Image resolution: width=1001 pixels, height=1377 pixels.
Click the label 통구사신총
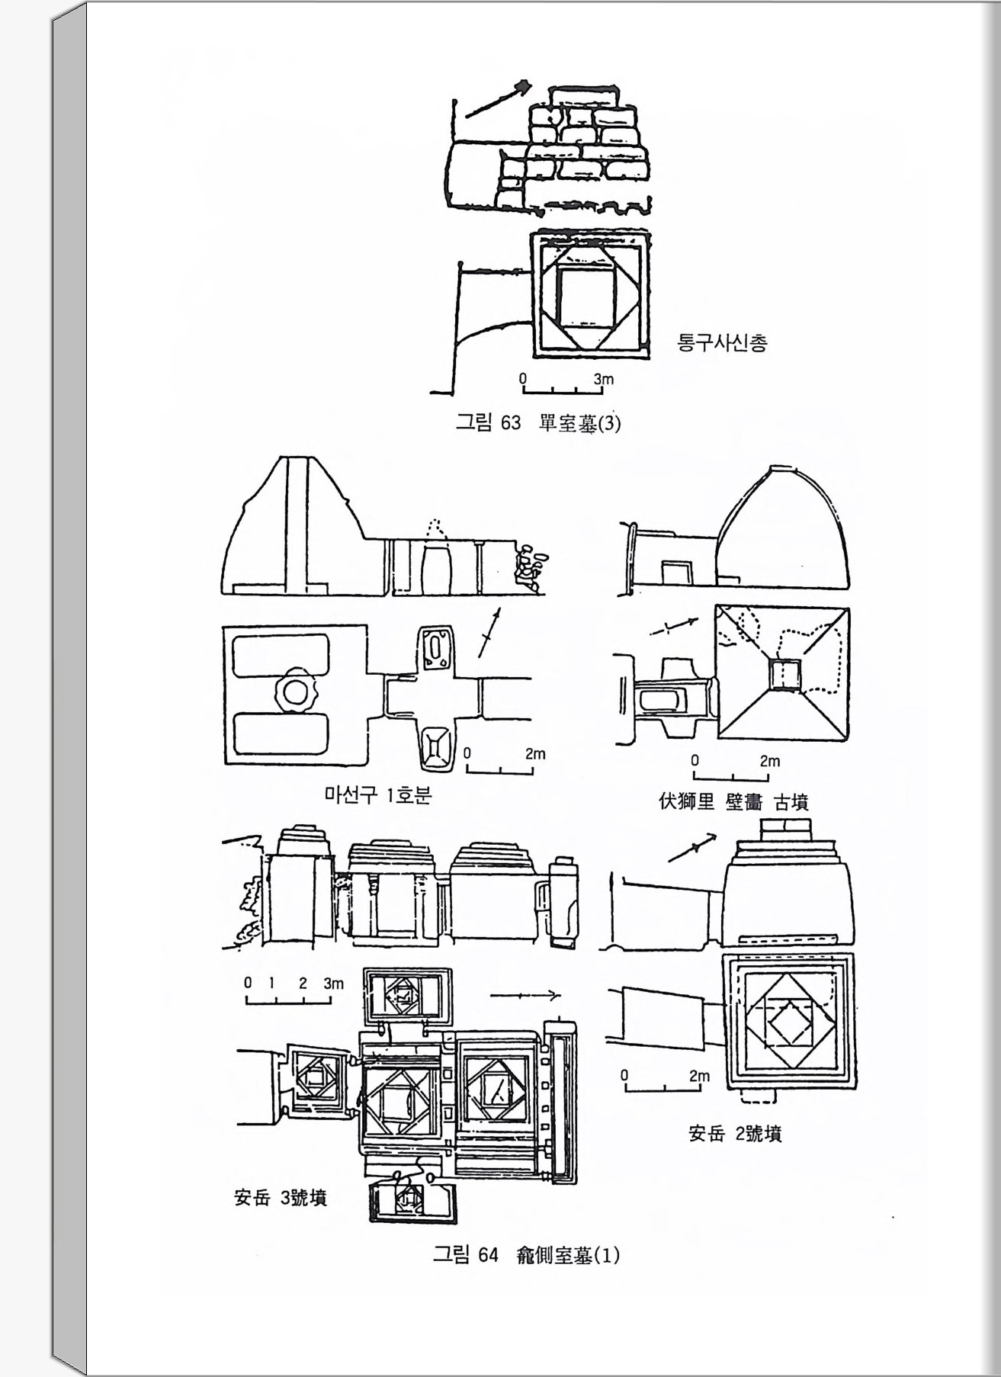[x=722, y=342]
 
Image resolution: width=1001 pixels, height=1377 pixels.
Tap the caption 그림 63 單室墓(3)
[x=538, y=422]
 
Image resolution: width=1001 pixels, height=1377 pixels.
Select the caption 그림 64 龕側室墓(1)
[x=526, y=1255]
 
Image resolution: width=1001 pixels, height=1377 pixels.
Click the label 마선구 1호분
[x=379, y=795]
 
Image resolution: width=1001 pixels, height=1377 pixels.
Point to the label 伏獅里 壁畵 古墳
[x=733, y=802]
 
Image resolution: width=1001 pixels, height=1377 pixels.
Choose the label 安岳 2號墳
[x=735, y=1134]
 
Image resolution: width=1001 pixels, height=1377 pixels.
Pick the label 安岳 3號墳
[x=281, y=1198]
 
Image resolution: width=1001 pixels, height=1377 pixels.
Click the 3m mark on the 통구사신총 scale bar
[x=603, y=379]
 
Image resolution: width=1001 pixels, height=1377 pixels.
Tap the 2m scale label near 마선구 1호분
[x=535, y=754]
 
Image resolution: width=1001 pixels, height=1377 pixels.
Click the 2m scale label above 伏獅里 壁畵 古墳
[x=770, y=761]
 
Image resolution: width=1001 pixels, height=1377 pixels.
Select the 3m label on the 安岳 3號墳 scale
[x=333, y=984]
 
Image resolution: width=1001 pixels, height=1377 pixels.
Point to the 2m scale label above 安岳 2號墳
[x=699, y=1077]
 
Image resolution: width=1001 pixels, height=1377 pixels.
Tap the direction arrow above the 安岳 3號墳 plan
[x=526, y=996]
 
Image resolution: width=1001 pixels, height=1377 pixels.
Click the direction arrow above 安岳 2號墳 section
[x=693, y=848]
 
